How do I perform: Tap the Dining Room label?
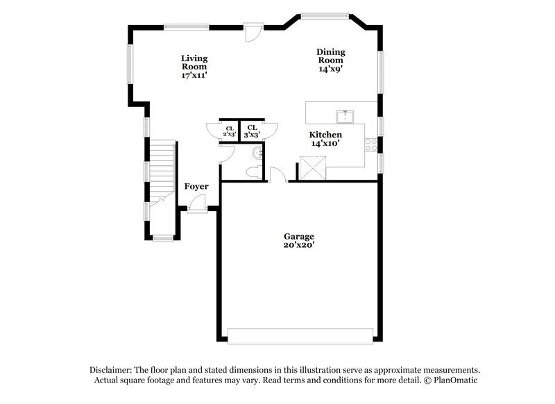331,60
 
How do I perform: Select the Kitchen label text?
325,138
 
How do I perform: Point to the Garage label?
299,240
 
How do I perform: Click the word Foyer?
196,186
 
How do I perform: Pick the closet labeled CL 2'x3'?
229,131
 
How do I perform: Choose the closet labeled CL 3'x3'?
251,131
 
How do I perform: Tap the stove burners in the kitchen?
371,145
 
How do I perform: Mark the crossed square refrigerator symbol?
313,168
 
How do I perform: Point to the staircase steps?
162,170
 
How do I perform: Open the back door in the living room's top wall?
253,32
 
